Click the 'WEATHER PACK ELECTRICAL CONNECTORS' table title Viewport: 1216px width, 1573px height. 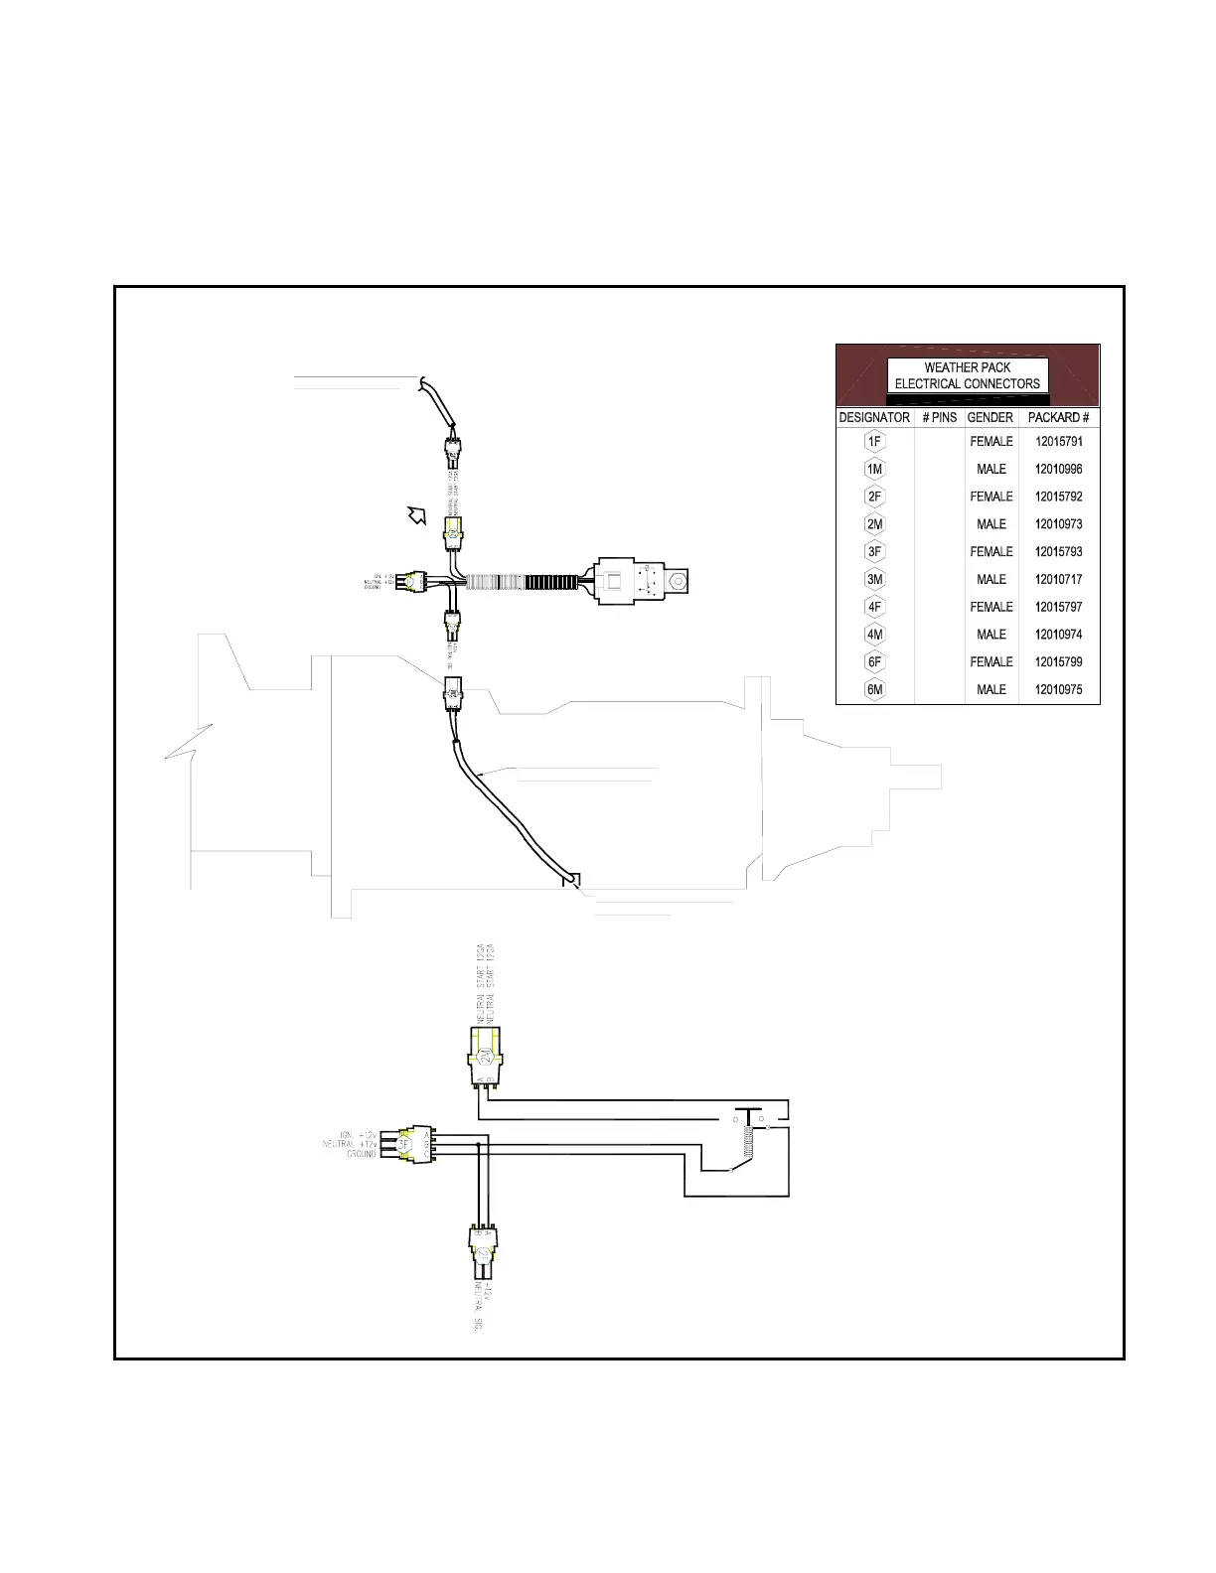[967, 375]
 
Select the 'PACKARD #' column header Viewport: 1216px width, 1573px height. [1058, 417]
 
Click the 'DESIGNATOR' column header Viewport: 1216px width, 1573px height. [874, 417]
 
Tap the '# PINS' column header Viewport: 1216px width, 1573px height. [939, 417]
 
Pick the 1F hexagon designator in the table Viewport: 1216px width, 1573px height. [874, 442]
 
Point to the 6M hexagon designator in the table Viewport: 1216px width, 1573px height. [874, 690]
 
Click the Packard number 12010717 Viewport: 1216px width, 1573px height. [1058, 579]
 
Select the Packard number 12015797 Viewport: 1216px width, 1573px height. [1058, 607]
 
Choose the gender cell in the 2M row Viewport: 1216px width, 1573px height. [990, 524]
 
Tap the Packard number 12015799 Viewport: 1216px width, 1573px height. [1058, 662]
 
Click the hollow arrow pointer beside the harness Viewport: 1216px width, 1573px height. [416, 514]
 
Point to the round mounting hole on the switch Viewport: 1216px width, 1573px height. [678, 580]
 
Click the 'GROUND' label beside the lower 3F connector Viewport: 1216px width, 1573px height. [361, 1154]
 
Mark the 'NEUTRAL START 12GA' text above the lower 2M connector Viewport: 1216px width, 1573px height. [481, 985]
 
